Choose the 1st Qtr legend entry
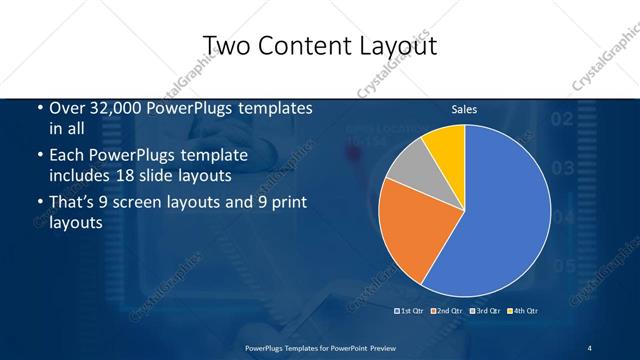point(410,311)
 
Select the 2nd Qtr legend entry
point(446,311)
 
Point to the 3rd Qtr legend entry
point(483,311)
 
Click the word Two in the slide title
point(227,46)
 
